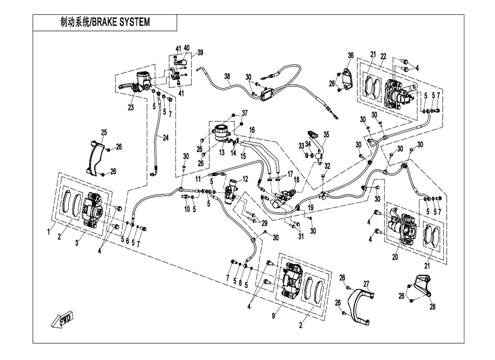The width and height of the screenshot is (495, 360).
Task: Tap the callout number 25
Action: [104, 132]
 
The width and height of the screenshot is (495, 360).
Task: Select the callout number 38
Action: [228, 77]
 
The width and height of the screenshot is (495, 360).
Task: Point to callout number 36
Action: [351, 55]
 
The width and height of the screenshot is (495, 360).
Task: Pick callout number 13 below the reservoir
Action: [221, 153]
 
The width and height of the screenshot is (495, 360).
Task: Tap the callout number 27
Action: [366, 283]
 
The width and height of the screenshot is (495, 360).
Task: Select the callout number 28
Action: [432, 307]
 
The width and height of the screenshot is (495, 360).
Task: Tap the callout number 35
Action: [326, 134]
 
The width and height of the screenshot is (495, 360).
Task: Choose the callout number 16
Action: [252, 130]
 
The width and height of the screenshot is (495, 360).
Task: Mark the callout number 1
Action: [49, 232]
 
